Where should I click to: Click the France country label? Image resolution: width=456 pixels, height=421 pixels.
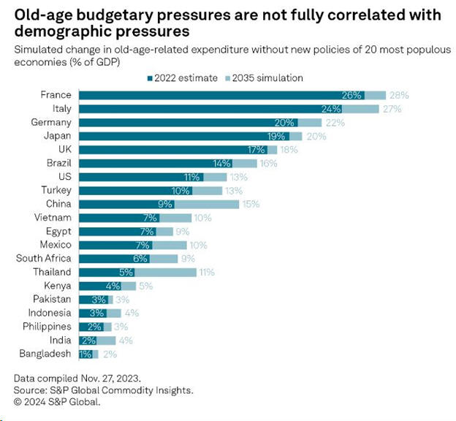(x=57, y=95)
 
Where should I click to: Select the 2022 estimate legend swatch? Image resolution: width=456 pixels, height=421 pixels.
(x=148, y=77)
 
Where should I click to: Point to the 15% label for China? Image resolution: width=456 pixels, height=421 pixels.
(x=250, y=204)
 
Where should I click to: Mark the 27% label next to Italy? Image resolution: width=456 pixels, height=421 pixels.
(x=390, y=109)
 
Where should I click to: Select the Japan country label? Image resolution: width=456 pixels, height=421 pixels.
(x=58, y=136)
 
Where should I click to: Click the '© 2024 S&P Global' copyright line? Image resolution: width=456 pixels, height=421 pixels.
(x=56, y=401)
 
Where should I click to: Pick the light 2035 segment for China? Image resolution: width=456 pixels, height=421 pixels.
(x=216, y=204)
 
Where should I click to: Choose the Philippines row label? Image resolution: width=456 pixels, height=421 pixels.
(x=47, y=326)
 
